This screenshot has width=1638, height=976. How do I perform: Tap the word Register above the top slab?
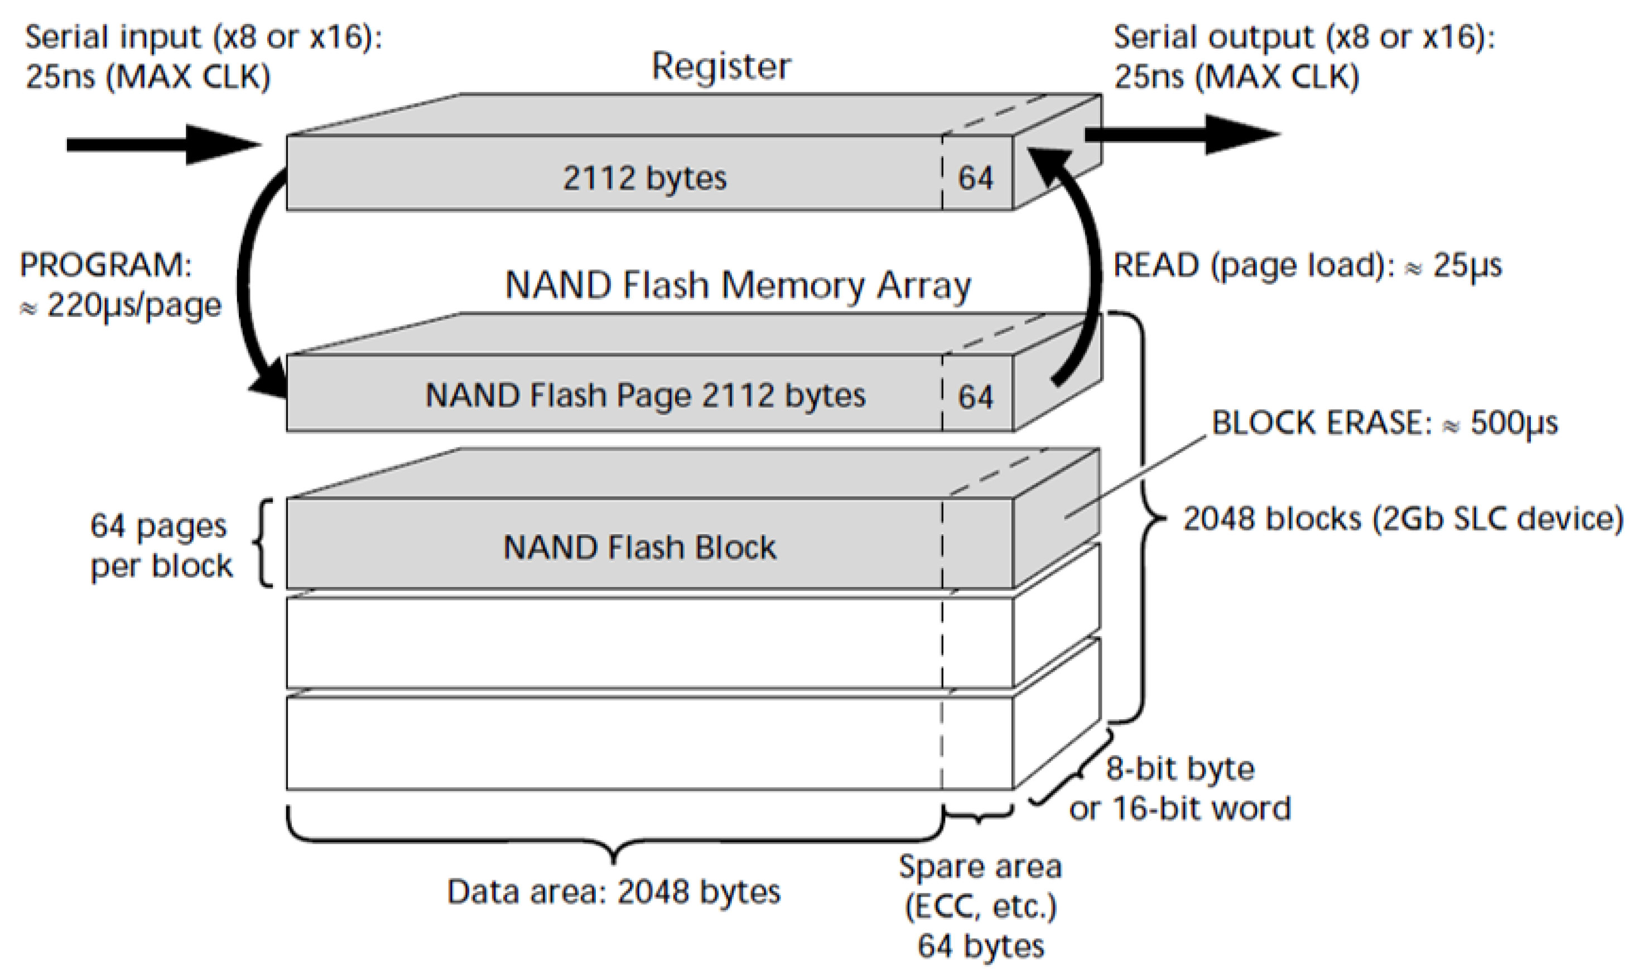721,66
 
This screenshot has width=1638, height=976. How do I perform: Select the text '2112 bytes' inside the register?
644,178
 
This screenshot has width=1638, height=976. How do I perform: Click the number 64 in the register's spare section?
975,178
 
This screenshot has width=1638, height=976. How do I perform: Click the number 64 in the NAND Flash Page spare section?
975,397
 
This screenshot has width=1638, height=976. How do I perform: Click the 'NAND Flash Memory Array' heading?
737,286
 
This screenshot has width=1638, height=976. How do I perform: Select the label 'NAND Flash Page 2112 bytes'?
645,395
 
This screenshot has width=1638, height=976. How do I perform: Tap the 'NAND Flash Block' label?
639,547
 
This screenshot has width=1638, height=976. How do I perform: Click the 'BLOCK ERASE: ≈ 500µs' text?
1384,423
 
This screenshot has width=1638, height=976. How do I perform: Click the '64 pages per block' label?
161,546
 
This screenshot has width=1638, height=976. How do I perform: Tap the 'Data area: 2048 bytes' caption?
614,892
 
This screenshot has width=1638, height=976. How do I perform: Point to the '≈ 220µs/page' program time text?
122,306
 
